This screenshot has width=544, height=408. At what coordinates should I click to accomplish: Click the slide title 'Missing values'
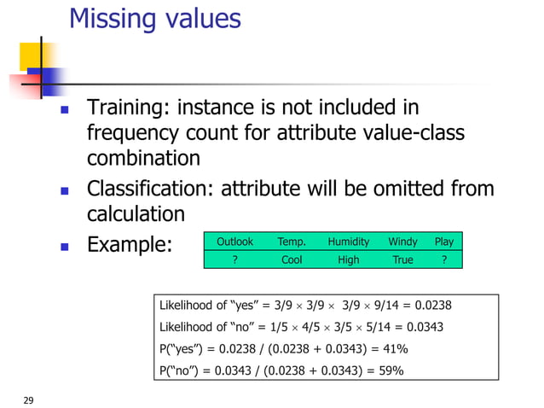(154, 19)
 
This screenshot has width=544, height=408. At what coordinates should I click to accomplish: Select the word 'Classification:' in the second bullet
(151, 189)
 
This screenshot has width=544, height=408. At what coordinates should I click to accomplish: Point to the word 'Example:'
(130, 245)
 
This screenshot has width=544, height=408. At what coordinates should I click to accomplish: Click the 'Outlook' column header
(234, 242)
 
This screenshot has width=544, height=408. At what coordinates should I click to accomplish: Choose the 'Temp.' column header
(292, 242)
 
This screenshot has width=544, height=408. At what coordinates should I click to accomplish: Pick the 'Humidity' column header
(348, 242)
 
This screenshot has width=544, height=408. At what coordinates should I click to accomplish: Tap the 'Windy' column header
(402, 242)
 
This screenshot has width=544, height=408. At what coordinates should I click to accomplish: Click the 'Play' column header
(443, 242)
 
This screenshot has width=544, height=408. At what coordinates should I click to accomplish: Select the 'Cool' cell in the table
(292, 259)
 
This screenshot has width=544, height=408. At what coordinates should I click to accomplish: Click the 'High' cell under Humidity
(348, 259)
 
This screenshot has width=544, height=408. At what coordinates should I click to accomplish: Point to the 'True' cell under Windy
(402, 259)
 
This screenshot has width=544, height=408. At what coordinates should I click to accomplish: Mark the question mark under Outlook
(234, 259)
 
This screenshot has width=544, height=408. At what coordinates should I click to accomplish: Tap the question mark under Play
(443, 259)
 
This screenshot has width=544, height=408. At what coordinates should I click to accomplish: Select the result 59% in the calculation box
(391, 370)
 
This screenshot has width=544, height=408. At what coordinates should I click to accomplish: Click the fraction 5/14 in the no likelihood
(376, 327)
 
